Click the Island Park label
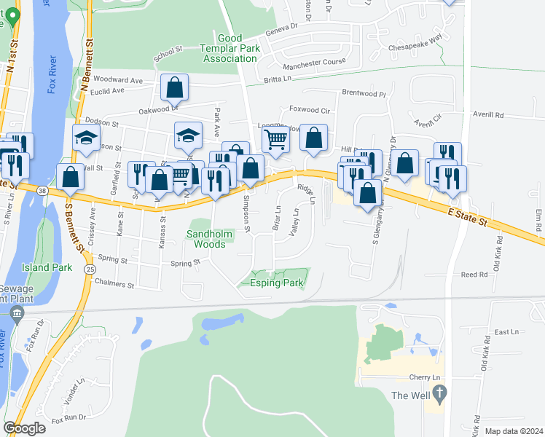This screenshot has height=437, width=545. click(x=47, y=267)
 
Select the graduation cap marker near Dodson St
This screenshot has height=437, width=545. click(x=86, y=138)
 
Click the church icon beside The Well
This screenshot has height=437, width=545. click(x=439, y=395)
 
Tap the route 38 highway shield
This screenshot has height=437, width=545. click(x=44, y=191)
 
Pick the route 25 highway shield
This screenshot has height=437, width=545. click(x=88, y=269)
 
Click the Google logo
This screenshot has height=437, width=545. click(x=24, y=428)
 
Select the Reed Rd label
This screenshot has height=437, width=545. click(x=474, y=275)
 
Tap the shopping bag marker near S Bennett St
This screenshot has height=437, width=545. click(x=70, y=177)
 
